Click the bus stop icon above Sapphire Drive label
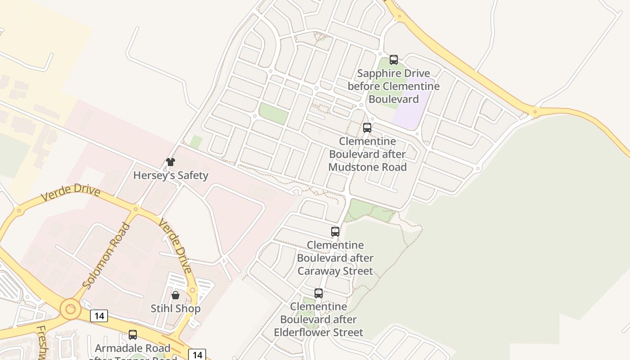coord(394,59)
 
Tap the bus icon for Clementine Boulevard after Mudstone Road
coord(367,128)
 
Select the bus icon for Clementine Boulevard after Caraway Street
coord(335,232)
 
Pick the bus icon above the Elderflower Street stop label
coord(319,293)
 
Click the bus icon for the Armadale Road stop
coord(133,335)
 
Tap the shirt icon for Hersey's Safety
coord(171,162)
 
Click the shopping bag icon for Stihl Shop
coord(175,295)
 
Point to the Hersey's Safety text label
coord(171,175)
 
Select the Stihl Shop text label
coord(175,309)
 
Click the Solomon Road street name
coord(107,255)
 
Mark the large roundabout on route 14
coord(70,310)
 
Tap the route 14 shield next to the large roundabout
coord(99,316)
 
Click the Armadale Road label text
coord(133,348)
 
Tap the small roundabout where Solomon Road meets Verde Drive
coord(136,209)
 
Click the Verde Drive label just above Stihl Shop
coord(176,247)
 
